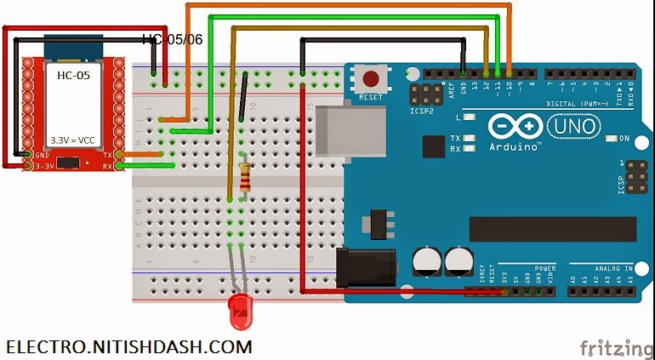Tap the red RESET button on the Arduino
point(371,81)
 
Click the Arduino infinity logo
point(515,127)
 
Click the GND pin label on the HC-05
point(41,155)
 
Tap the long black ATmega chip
point(552,228)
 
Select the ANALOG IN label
point(612,268)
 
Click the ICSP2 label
point(419,111)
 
